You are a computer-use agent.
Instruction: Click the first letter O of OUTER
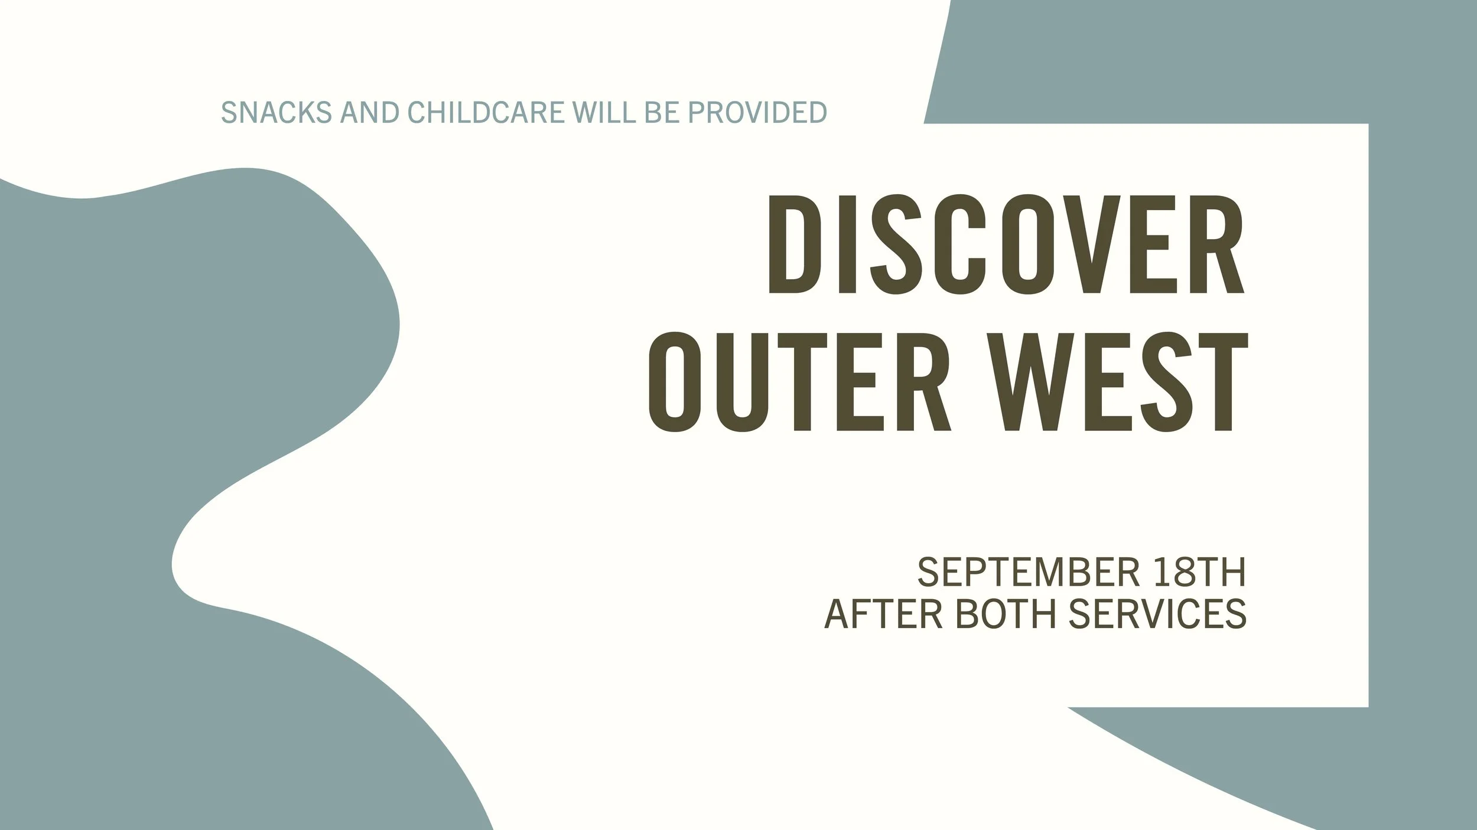[674, 382]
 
